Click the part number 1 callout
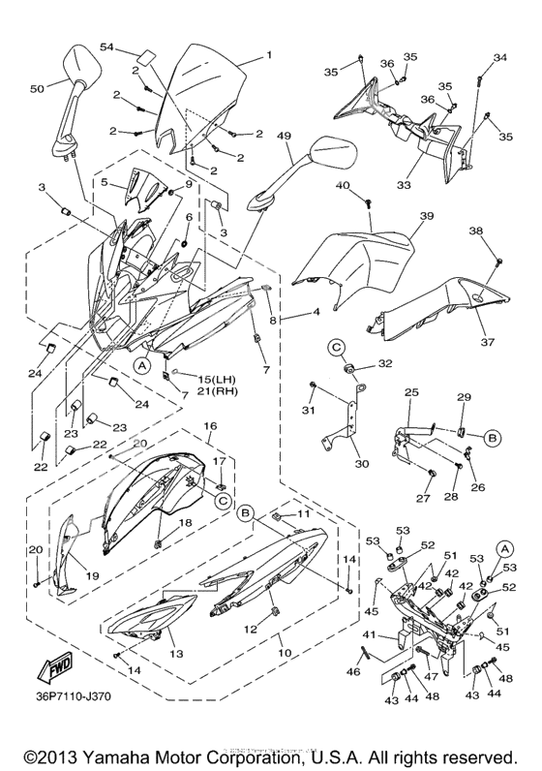click(x=268, y=55)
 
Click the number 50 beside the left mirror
click(x=37, y=89)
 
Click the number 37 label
click(x=490, y=342)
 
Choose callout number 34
click(x=499, y=58)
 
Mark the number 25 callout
click(x=411, y=392)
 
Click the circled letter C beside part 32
click(x=335, y=346)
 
